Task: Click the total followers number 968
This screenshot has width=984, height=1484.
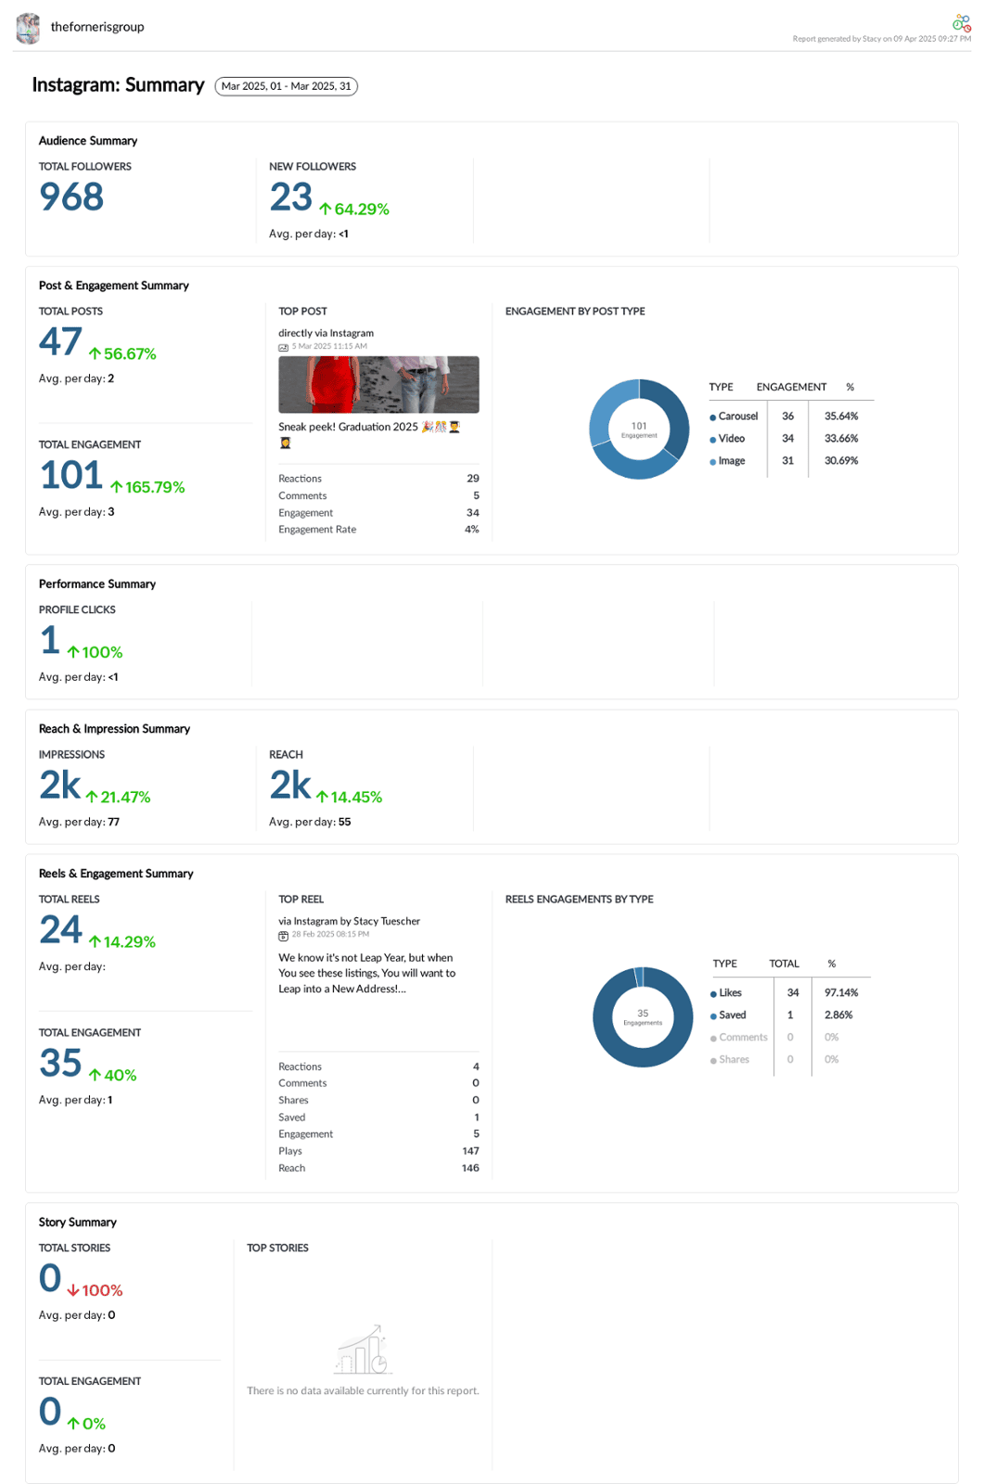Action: (71, 197)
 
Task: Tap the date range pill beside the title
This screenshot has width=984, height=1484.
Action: (286, 86)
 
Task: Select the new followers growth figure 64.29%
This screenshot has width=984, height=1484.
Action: (354, 210)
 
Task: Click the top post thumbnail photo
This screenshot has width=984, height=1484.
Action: (378, 384)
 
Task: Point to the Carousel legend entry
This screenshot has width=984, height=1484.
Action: (734, 416)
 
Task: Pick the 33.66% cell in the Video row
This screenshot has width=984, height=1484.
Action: (841, 439)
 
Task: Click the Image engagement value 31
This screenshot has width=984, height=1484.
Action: (787, 461)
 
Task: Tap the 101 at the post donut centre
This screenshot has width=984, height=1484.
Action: (639, 427)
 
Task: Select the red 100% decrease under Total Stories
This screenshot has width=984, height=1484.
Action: (96, 1290)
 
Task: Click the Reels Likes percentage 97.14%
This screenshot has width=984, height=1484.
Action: (841, 992)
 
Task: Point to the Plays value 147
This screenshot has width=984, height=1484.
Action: (470, 1151)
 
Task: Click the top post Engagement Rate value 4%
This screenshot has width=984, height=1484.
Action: (471, 530)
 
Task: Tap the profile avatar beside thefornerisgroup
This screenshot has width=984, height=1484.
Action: (29, 28)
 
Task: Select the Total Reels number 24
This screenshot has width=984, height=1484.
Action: (61, 929)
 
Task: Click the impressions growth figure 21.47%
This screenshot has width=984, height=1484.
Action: (118, 798)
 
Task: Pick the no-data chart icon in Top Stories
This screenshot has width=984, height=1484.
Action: (363, 1350)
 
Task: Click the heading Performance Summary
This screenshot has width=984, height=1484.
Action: (97, 584)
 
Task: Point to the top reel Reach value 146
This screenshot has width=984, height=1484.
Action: (470, 1168)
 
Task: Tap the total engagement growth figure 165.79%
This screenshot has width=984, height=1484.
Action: (148, 488)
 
